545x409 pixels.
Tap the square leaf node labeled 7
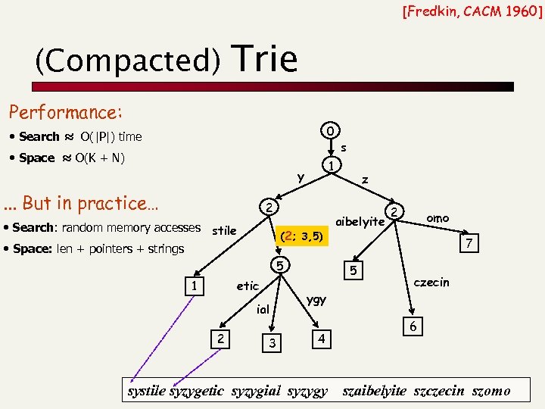click(470, 243)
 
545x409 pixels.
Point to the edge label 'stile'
click(224, 229)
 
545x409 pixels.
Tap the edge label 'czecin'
click(431, 283)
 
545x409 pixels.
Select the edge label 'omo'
click(438, 218)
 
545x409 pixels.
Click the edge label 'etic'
click(248, 286)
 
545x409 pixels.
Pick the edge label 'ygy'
click(316, 299)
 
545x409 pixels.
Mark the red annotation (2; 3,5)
click(302, 236)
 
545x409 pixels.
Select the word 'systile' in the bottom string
click(146, 391)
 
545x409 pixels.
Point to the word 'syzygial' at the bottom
click(256, 391)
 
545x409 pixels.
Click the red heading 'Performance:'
click(65, 113)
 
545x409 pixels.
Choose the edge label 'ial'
click(263, 309)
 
